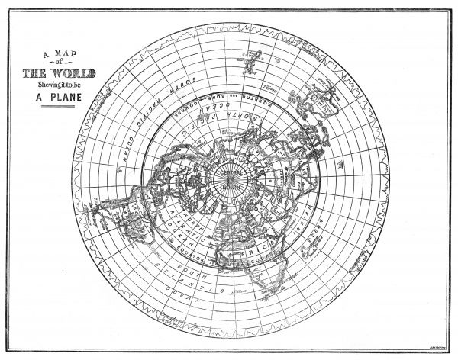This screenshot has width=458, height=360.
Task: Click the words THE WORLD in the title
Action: coord(59,73)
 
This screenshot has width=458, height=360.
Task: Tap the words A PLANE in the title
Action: coord(60,98)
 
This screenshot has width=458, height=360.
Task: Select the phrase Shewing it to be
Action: coord(60,85)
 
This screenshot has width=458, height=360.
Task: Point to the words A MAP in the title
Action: coord(60,53)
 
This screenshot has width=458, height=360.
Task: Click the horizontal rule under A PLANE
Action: coord(60,108)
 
